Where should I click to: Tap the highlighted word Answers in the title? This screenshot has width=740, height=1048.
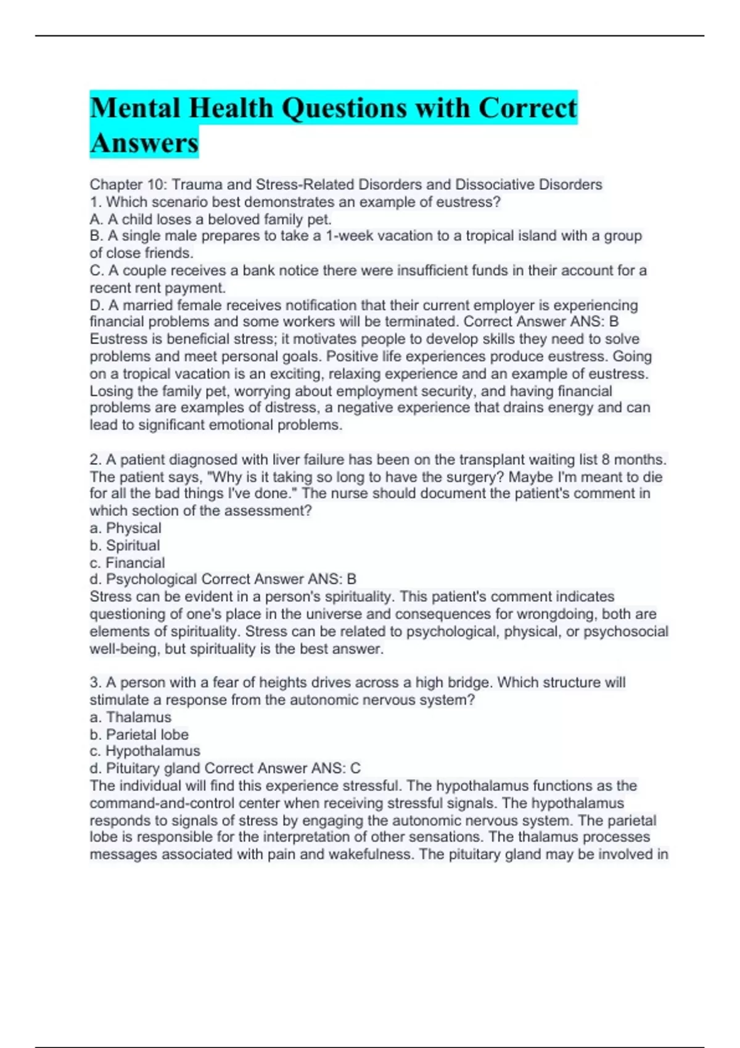pos(144,143)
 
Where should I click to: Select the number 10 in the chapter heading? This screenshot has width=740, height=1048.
pos(154,184)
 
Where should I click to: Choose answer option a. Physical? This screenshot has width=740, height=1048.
pos(126,528)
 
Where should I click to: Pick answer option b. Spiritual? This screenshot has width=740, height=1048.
pos(125,546)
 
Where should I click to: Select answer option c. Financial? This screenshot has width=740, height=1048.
pos(127,563)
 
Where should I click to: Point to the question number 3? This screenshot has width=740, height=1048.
pos(95,683)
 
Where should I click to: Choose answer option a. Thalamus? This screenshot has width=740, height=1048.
pos(131,718)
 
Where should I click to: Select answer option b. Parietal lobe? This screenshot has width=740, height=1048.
pos(139,735)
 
